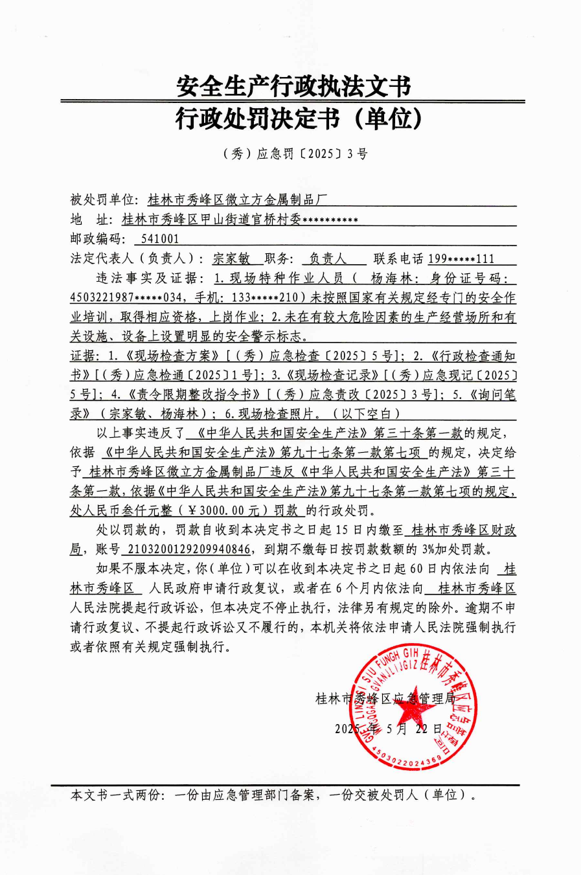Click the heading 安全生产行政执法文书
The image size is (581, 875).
pyautogui.click(x=293, y=86)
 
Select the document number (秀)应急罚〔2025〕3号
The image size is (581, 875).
pyautogui.click(x=295, y=154)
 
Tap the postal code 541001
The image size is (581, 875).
pyautogui.click(x=160, y=239)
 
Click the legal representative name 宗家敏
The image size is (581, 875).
pyautogui.click(x=231, y=259)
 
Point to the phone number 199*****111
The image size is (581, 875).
pyautogui.click(x=461, y=259)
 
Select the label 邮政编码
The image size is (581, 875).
pyautogui.click(x=97, y=239)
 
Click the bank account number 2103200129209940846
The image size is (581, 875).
pyautogui.click(x=188, y=549)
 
